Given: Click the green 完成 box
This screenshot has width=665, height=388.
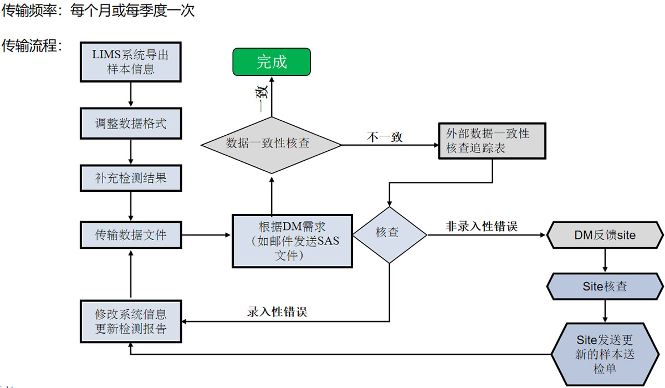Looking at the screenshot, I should [272, 62].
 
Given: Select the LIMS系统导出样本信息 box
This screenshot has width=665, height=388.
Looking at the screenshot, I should [131, 62].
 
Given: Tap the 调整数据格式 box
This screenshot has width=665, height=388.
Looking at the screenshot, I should [131, 123].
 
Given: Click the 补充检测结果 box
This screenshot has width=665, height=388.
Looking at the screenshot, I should [131, 178].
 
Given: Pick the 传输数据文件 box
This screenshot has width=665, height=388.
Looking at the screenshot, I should [131, 235].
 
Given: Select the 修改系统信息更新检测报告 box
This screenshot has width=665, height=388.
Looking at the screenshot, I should [131, 321].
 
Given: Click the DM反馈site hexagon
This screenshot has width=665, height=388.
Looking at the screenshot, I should [604, 236].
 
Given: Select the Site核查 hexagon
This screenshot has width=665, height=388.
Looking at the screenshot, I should [605, 287].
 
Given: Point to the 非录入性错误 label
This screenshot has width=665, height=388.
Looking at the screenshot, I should [482, 226].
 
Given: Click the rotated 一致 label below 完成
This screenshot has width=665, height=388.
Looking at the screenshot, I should [263, 96].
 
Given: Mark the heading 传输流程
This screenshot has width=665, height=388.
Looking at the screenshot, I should [31, 46].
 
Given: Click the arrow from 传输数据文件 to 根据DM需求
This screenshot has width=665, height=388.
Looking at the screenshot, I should [207, 235].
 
